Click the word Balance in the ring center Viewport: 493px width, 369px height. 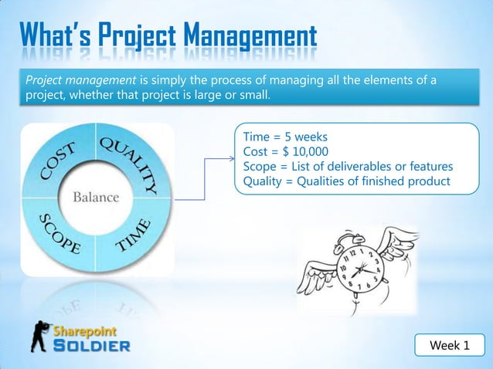pos(96,197)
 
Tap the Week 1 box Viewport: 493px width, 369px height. pos(449,345)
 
